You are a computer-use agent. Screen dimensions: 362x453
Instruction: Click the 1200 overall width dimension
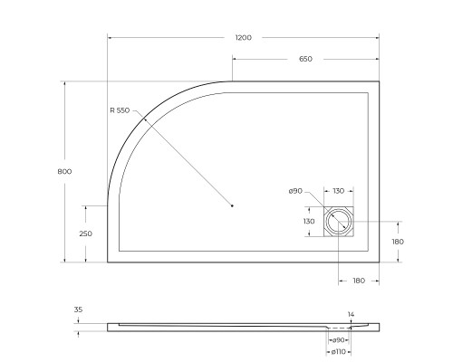pos(243,37)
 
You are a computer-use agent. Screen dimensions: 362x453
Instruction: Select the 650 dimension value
pos(305,59)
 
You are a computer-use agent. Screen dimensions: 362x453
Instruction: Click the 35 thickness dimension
pos(78,310)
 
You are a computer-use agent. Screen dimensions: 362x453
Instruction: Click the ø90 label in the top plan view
pos(294,191)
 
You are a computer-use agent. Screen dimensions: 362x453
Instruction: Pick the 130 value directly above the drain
pos(337,191)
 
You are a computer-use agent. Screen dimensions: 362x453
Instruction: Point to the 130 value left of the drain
pos(308,221)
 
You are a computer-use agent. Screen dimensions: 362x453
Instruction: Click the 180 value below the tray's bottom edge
pos(358,281)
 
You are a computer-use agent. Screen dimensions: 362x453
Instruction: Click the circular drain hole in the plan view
pos(340,222)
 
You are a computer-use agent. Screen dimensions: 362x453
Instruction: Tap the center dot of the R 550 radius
pos(232,206)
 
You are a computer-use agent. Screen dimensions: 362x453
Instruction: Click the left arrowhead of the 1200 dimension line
pos(110,37)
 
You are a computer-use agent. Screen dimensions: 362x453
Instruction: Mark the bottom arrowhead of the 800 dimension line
pos(64,260)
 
